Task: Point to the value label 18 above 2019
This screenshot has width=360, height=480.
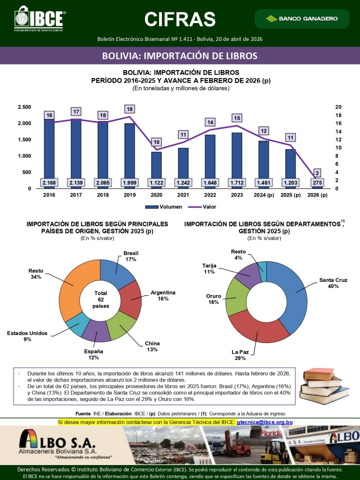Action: [129, 109]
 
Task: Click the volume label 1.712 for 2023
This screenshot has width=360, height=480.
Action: [237, 182]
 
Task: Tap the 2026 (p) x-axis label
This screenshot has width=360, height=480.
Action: [317, 195]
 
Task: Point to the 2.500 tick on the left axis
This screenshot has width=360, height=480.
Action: [24, 107]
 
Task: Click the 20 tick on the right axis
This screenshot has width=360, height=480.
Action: [338, 107]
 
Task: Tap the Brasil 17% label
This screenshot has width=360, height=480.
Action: [130, 256]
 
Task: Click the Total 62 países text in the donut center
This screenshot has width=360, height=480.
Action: [100, 298]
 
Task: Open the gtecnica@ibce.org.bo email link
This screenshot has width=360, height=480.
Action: [264, 422]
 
